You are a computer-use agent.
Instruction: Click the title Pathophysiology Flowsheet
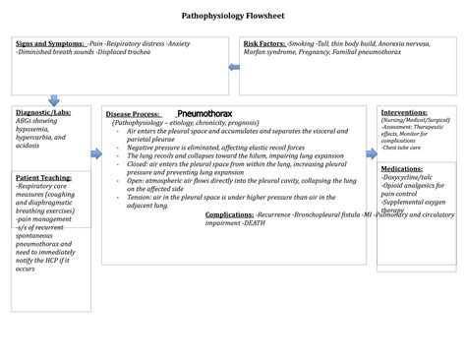[x=232, y=17]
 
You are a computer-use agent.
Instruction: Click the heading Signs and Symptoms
[x=49, y=44]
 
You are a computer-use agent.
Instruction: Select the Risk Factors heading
[x=264, y=44]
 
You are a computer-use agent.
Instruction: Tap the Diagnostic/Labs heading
[x=41, y=112]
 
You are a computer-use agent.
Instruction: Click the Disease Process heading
[x=138, y=114]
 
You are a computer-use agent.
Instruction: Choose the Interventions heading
[x=404, y=112]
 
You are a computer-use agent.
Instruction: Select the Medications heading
[x=402, y=169]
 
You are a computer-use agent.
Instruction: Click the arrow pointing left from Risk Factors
[x=233, y=67]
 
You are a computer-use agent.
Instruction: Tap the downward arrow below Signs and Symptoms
[x=54, y=100]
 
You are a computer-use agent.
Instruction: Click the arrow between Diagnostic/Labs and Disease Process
[x=96, y=153]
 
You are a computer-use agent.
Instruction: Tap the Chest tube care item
[x=402, y=147]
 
